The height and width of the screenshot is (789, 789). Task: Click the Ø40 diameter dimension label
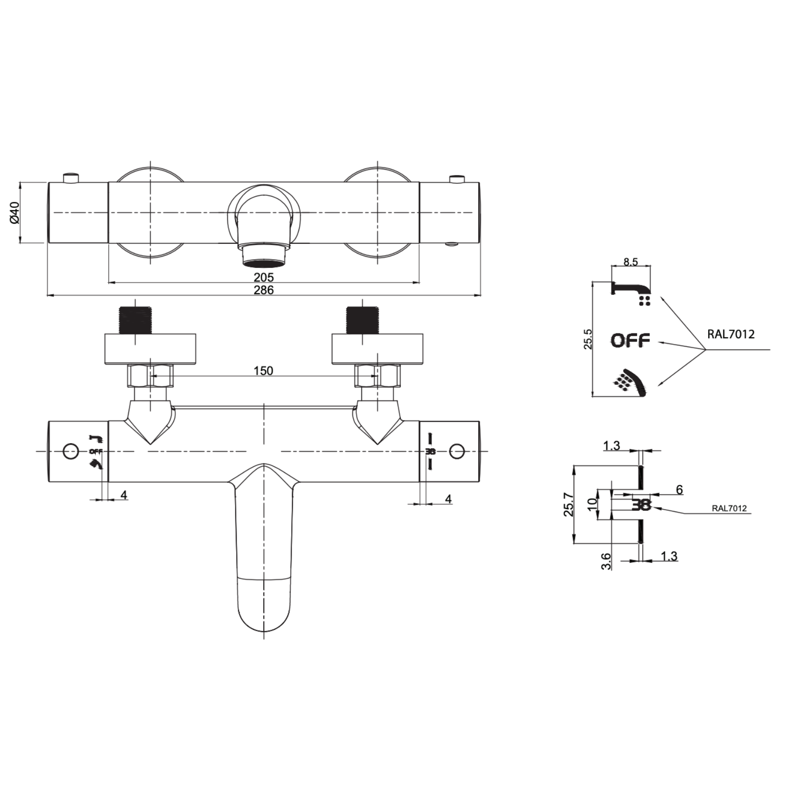[x=14, y=212]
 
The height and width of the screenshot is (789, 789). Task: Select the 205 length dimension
[x=264, y=277]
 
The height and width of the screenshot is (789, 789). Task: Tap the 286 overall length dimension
[x=264, y=290]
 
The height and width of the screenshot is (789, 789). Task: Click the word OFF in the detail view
[x=630, y=341]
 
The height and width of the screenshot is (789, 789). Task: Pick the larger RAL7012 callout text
[x=730, y=334]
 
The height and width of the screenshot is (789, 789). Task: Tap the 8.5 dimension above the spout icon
[x=630, y=262]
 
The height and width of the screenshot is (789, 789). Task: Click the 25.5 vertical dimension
[x=587, y=339]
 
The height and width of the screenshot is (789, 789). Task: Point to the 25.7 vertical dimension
[x=569, y=504]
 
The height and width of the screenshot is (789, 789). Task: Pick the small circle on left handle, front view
[x=71, y=451]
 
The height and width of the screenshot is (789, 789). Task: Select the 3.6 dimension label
[x=606, y=561]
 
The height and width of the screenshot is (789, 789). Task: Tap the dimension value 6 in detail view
[x=679, y=490]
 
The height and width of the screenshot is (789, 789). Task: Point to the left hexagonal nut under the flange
[x=151, y=376]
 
